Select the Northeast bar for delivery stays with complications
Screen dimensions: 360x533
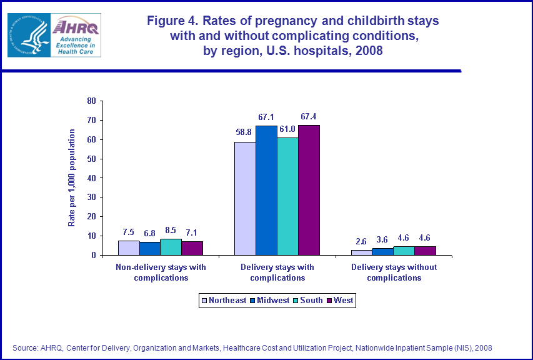pyautogui.click(x=245, y=199)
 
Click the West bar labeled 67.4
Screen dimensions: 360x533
pyautogui.click(x=309, y=190)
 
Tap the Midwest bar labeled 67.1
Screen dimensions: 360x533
pyautogui.click(x=266, y=191)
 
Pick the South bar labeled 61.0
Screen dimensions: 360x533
pyautogui.click(x=287, y=196)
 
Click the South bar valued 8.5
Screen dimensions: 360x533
pyautogui.click(x=171, y=247)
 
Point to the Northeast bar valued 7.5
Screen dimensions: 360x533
pyautogui.click(x=128, y=247)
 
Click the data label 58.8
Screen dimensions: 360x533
pyautogui.click(x=244, y=132)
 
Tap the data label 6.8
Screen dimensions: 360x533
pyautogui.click(x=149, y=232)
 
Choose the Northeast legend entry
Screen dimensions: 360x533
pyautogui.click(x=223, y=301)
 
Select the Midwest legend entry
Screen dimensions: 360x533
pyautogui.click(x=270, y=301)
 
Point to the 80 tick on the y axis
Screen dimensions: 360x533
pyautogui.click(x=91, y=101)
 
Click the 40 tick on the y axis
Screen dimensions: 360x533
pyautogui.click(x=91, y=178)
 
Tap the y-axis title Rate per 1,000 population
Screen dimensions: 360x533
pyautogui.click(x=72, y=177)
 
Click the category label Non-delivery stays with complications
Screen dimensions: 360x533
pyautogui.click(x=161, y=272)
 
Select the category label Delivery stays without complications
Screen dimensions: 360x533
pyautogui.click(x=394, y=272)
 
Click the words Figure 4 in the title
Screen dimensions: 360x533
pyautogui.click(x=172, y=21)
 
